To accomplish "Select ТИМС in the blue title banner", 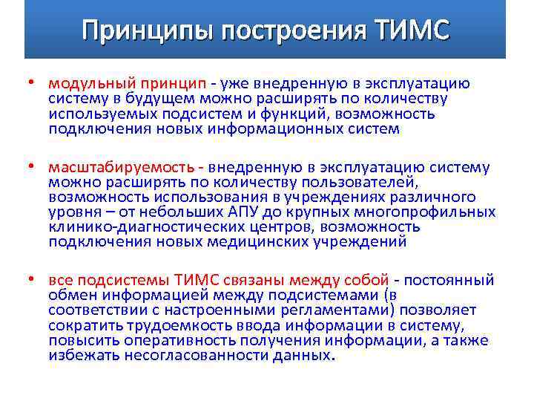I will point(411,30).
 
